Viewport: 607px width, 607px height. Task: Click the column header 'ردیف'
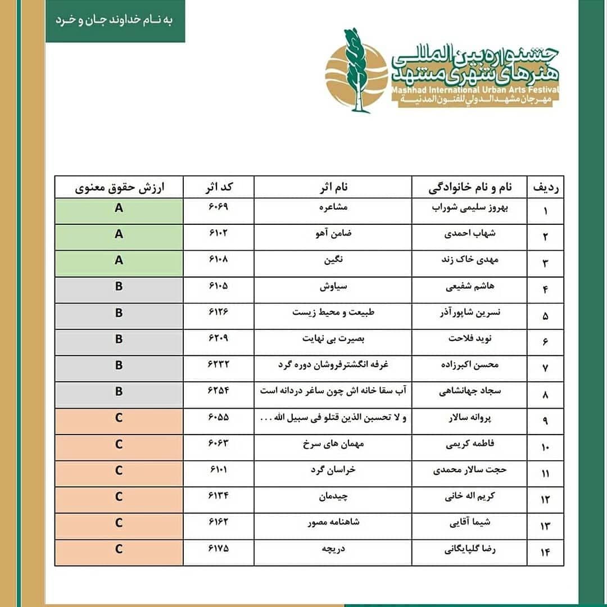(x=545, y=187)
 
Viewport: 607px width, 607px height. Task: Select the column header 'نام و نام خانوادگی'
(x=469, y=187)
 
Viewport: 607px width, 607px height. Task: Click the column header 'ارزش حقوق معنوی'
(x=119, y=187)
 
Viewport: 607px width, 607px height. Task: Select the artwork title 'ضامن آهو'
(x=333, y=233)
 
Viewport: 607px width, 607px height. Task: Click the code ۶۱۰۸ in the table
(x=218, y=260)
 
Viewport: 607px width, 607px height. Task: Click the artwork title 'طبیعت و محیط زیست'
(x=333, y=312)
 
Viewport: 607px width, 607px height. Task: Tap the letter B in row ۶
(x=119, y=339)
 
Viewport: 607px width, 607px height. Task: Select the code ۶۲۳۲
(x=218, y=365)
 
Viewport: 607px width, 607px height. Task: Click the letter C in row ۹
(x=119, y=418)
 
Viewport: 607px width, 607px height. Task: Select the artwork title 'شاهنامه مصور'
(x=333, y=523)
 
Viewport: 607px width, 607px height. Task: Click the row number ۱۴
(x=545, y=553)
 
